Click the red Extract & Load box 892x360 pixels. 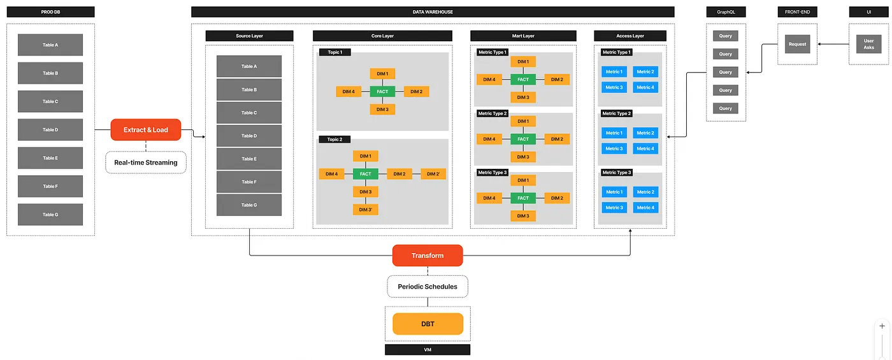pyautogui.click(x=146, y=130)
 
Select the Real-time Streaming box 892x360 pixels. pyautogui.click(x=146, y=162)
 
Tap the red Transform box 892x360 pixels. pyautogui.click(x=428, y=256)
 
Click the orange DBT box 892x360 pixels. pyautogui.click(x=428, y=324)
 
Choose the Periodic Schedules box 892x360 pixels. pyautogui.click(x=428, y=287)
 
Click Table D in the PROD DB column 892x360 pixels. pyautogui.click(x=50, y=130)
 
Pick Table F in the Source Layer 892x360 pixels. pyautogui.click(x=249, y=182)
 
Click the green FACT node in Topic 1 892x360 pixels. pyautogui.click(x=382, y=92)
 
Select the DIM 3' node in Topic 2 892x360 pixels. pyautogui.click(x=366, y=210)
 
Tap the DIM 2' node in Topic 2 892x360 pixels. pyautogui.click(x=433, y=174)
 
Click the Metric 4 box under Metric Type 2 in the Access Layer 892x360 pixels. pyautogui.click(x=645, y=148)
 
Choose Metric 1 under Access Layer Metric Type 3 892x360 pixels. pyautogui.click(x=614, y=192)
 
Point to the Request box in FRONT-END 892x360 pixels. pyautogui.click(x=797, y=44)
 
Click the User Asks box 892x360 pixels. pyautogui.click(x=869, y=44)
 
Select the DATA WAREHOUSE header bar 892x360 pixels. pyautogui.click(x=433, y=12)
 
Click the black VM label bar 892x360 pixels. pyautogui.click(x=428, y=350)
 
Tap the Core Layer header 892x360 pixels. pyautogui.click(x=383, y=36)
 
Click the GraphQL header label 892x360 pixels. pyautogui.click(x=726, y=12)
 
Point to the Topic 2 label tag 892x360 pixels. pyautogui.click(x=334, y=140)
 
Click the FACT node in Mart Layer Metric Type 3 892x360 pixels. pyautogui.click(x=523, y=198)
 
